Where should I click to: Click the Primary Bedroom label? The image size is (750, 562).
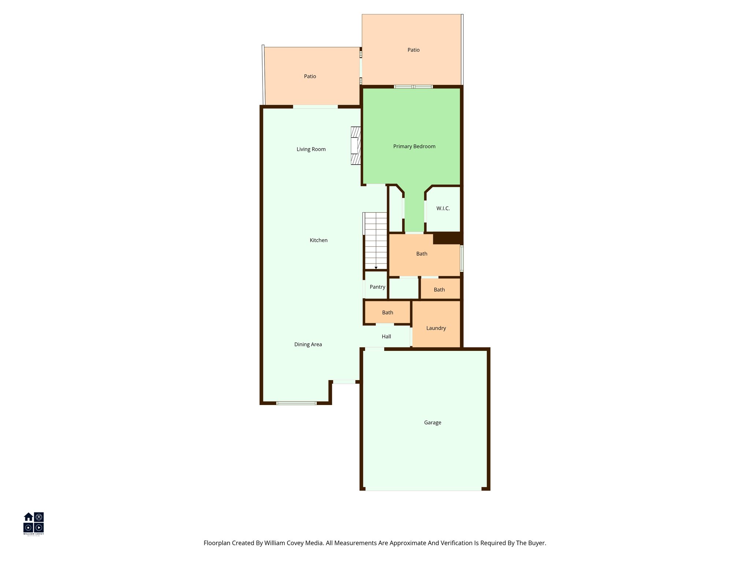click(x=414, y=146)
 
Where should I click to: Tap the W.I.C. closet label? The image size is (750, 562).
click(x=443, y=209)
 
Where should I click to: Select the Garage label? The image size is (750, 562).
click(x=432, y=423)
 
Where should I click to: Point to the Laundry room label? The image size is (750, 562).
click(x=436, y=328)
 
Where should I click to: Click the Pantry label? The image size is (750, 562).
click(x=377, y=287)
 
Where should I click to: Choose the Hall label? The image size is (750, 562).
click(x=386, y=337)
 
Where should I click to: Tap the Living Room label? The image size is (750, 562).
click(x=311, y=149)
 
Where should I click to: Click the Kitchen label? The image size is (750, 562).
click(x=319, y=240)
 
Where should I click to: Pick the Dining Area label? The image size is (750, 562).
click(x=308, y=344)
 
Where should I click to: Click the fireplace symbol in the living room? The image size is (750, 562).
click(x=356, y=146)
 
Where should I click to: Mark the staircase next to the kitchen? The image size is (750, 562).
click(x=376, y=240)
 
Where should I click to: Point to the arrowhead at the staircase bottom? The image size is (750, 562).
click(x=376, y=268)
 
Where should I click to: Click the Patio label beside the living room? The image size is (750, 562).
click(x=310, y=76)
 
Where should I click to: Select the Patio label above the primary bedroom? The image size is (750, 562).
click(x=413, y=50)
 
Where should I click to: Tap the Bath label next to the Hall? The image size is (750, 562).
click(x=387, y=312)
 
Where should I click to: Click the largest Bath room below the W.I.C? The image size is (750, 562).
click(x=422, y=254)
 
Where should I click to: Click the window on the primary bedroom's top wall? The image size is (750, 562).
click(x=413, y=87)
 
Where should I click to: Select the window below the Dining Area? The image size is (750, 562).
click(x=296, y=403)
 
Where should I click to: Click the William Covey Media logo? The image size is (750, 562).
click(x=34, y=523)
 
